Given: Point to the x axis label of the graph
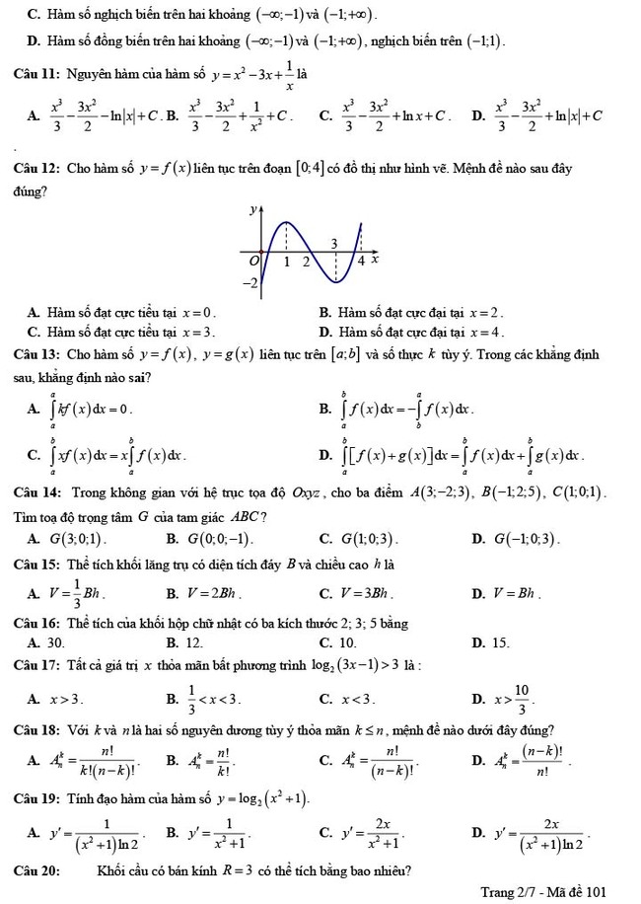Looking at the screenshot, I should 376,258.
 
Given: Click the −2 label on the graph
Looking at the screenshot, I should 251,283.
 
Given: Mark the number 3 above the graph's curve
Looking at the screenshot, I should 332,244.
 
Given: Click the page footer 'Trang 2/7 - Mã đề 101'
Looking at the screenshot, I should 542,891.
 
